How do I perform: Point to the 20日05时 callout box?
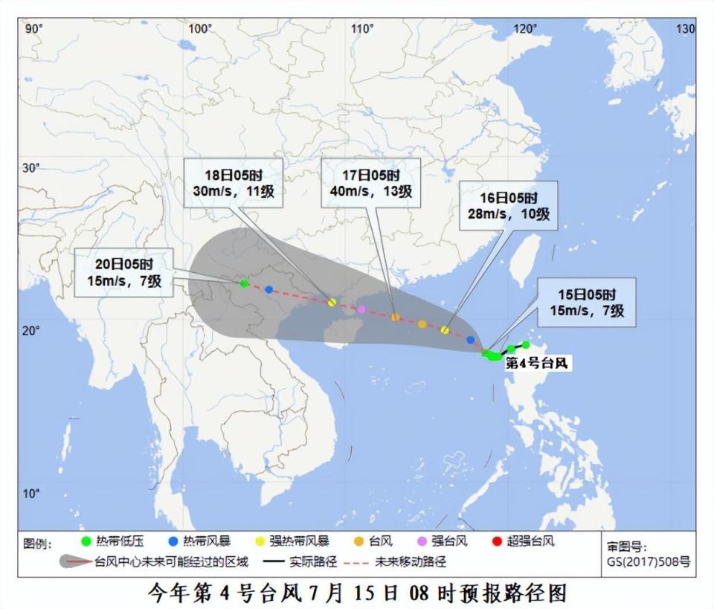pos(123,272)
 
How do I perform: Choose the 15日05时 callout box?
pos(588,302)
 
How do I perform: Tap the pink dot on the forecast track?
pos(361,309)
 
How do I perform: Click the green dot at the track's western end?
pos(244,283)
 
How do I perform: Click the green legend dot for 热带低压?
pos(86,541)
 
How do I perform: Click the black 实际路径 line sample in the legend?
pos(277,562)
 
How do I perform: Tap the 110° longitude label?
pos(362,29)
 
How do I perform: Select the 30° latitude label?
pos(30,168)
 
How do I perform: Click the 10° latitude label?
pos(30,494)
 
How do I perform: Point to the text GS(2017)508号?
pos(648,561)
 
